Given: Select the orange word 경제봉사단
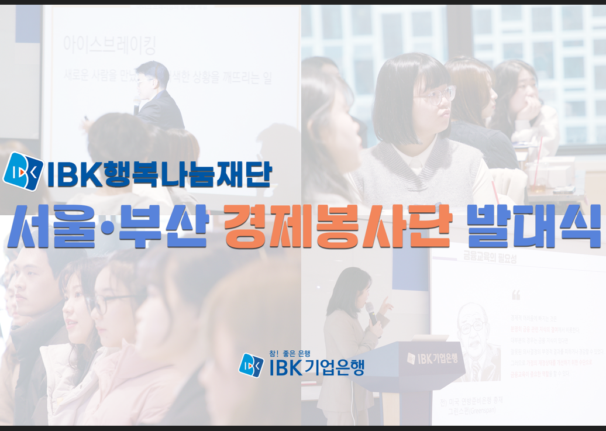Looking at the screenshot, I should point(338,225).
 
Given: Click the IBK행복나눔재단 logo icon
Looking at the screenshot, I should point(23,171).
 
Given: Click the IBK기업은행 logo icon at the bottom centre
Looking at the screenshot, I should point(252,365).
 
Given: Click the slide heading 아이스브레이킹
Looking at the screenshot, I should point(109,44).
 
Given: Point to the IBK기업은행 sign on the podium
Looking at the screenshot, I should point(432,357).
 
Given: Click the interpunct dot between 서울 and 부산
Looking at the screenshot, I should point(106,226).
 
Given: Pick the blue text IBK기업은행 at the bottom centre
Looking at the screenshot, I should point(316,367).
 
